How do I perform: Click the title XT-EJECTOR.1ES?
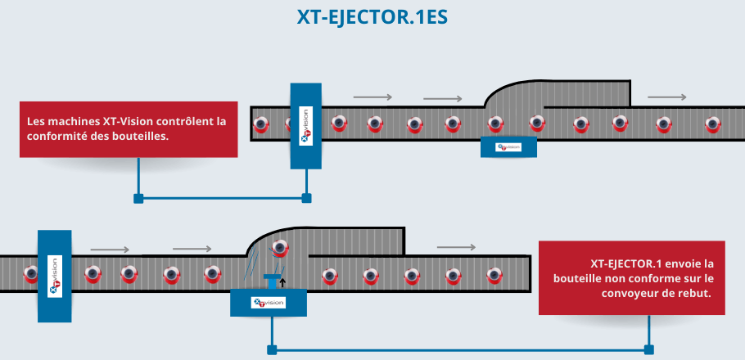click(372, 17)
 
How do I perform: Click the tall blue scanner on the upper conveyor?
click(305, 125)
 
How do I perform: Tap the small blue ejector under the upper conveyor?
click(508, 146)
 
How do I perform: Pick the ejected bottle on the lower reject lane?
click(281, 245)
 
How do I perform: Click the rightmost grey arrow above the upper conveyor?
click(666, 97)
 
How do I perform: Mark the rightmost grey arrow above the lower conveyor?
click(456, 246)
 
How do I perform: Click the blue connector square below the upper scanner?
click(306, 198)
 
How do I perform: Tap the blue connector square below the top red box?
click(138, 198)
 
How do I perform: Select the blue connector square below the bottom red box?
click(648, 350)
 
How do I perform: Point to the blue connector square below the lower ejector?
click(269, 350)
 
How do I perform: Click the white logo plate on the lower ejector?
click(269, 303)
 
